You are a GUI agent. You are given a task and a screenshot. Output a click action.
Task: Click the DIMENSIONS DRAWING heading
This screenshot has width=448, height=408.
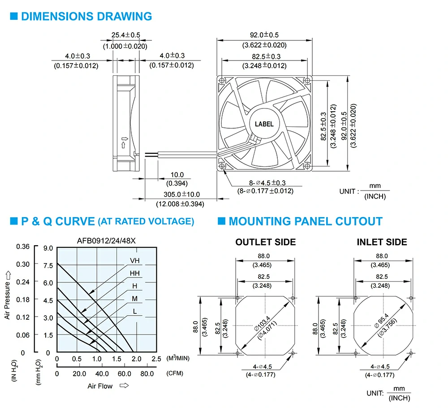tap(86, 17)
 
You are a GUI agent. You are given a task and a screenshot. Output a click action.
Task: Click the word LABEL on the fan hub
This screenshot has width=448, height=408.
tap(264, 124)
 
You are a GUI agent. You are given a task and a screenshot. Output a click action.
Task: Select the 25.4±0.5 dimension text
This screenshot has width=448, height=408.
tap(126, 35)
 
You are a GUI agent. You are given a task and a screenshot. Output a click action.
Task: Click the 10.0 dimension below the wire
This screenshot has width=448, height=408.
tap(177, 174)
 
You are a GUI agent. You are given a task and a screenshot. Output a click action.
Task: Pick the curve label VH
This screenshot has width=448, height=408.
tap(135, 260)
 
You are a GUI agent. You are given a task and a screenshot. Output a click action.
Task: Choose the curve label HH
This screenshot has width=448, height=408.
tap(135, 273)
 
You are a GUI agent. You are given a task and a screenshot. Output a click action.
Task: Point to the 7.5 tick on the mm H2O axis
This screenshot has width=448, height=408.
tap(48, 265)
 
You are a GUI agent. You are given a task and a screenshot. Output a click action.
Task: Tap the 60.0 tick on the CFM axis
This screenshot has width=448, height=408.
tap(124, 373)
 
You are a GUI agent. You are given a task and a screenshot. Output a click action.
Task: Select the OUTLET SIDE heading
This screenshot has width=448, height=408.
tap(266, 242)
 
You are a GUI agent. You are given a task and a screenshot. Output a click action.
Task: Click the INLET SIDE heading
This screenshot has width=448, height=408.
tap(382, 242)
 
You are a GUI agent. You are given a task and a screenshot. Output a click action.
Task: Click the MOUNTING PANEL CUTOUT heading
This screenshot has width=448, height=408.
tap(305, 221)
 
